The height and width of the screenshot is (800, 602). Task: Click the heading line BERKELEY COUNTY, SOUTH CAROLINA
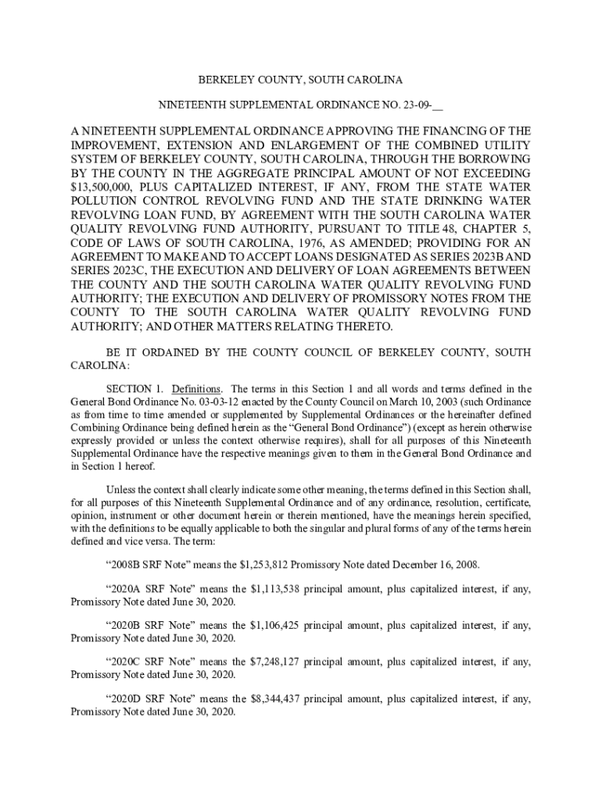[300, 80]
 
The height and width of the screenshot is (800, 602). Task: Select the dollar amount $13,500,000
[102, 187]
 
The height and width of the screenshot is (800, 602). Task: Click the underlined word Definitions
[196, 388]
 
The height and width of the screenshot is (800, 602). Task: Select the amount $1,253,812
[259, 565]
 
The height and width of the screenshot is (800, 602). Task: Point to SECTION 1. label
[135, 388]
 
